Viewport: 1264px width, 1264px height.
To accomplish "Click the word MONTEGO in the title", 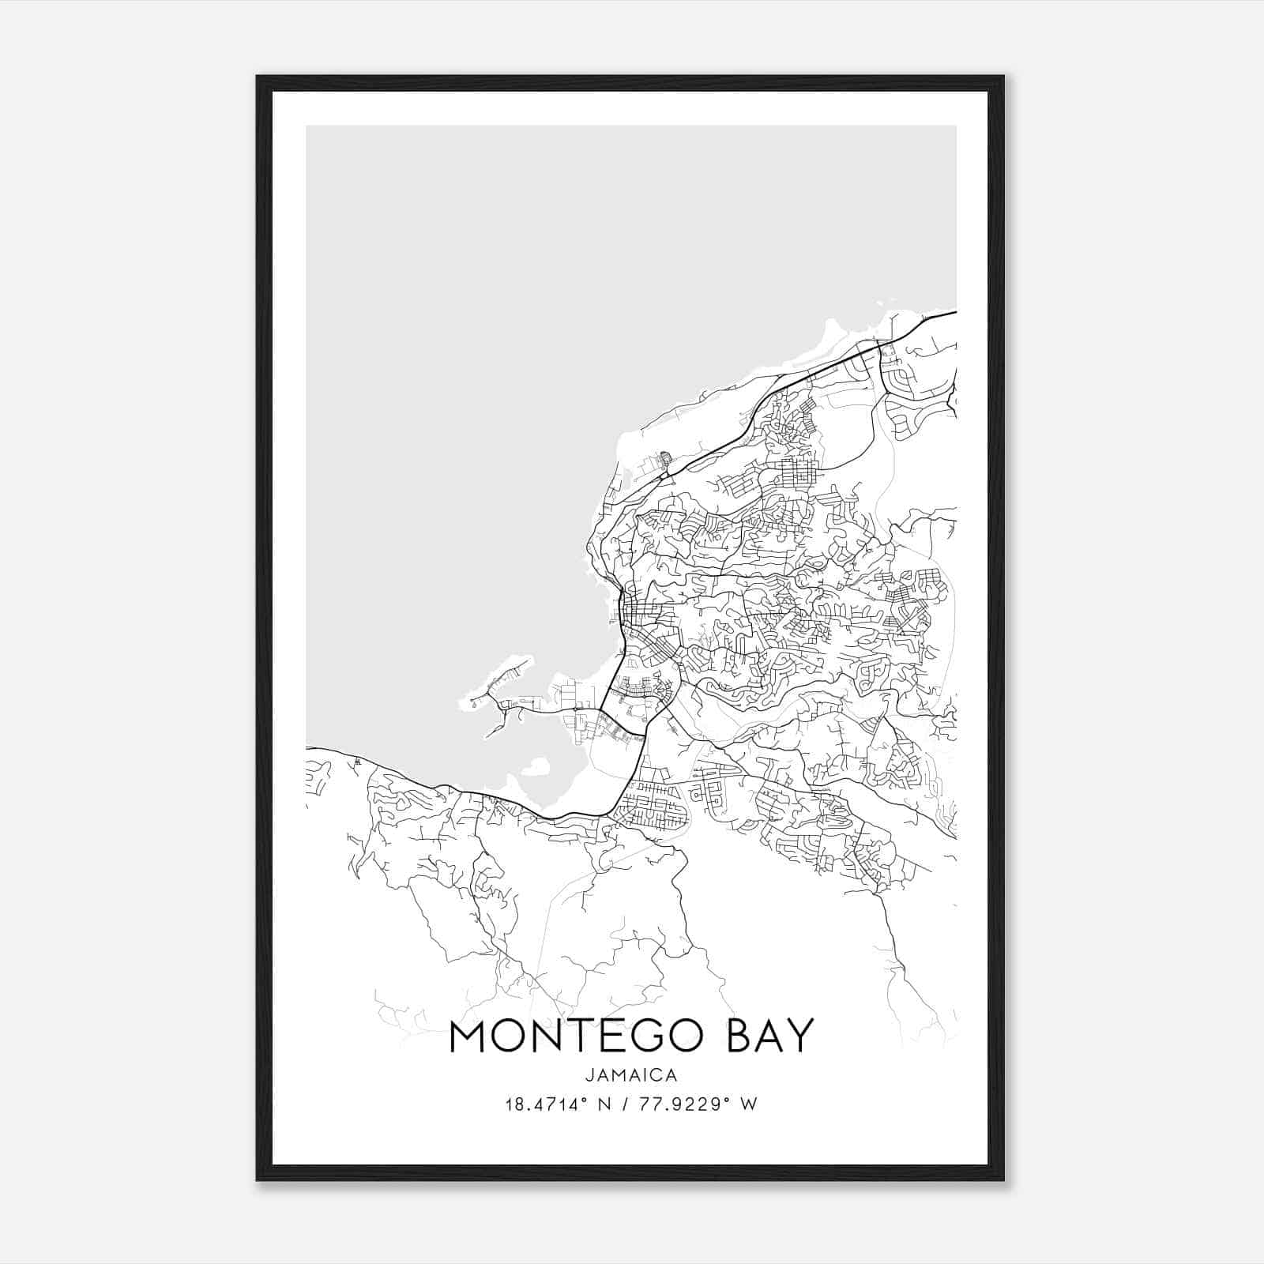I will [575, 1037].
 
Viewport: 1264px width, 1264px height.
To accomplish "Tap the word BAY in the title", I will [765, 1037].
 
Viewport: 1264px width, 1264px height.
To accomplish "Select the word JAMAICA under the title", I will [631, 1075].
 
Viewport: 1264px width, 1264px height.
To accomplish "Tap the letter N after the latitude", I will [608, 1104].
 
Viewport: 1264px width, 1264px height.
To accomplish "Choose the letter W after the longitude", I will [750, 1104].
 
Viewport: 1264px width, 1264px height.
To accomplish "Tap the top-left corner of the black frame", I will [258, 77].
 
